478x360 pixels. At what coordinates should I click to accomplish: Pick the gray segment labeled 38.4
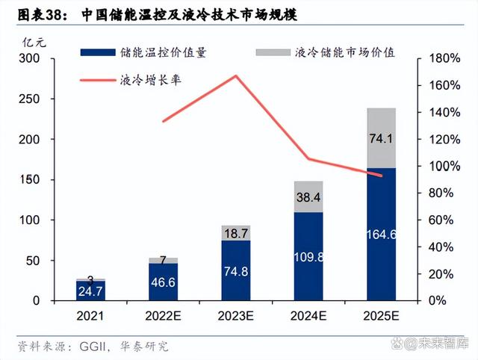pos(308,197)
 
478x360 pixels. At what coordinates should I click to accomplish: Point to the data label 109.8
pos(308,256)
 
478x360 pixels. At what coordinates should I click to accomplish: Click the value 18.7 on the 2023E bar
pos(236,234)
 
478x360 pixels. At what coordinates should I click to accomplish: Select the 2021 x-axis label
pos(90,316)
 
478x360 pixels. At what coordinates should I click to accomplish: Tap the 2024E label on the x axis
pos(308,316)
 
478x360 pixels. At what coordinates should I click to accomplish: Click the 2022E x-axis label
pos(164,316)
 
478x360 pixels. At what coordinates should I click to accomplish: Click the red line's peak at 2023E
pos(236,75)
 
